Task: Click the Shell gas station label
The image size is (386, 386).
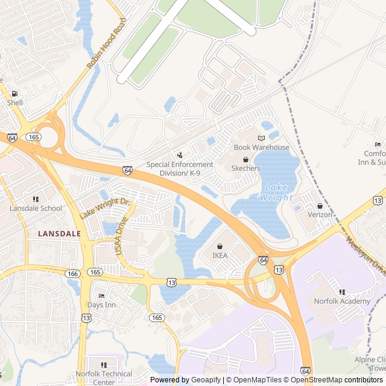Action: point(15,103)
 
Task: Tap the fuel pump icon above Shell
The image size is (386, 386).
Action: point(14,93)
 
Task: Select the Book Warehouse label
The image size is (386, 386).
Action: point(261,147)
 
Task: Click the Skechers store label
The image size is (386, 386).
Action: point(245,168)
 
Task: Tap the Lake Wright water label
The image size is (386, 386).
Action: point(276,192)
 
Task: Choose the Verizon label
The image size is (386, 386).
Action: point(320,214)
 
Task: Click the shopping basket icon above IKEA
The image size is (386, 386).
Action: point(220,246)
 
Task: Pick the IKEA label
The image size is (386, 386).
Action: point(220,255)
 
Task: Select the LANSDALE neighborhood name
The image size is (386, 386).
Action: point(59,232)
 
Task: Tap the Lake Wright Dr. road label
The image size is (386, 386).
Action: point(104,208)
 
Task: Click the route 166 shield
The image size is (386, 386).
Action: point(73,273)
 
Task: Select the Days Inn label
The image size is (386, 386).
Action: point(101,305)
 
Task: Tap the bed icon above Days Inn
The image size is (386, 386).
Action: point(101,296)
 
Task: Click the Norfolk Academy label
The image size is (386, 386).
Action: point(342,301)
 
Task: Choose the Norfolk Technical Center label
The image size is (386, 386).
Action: point(104,378)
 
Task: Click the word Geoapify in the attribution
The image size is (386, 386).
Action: point(207,379)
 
